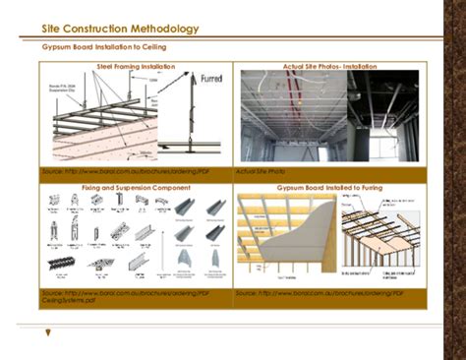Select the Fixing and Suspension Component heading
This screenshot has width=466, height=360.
(x=136, y=185)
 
